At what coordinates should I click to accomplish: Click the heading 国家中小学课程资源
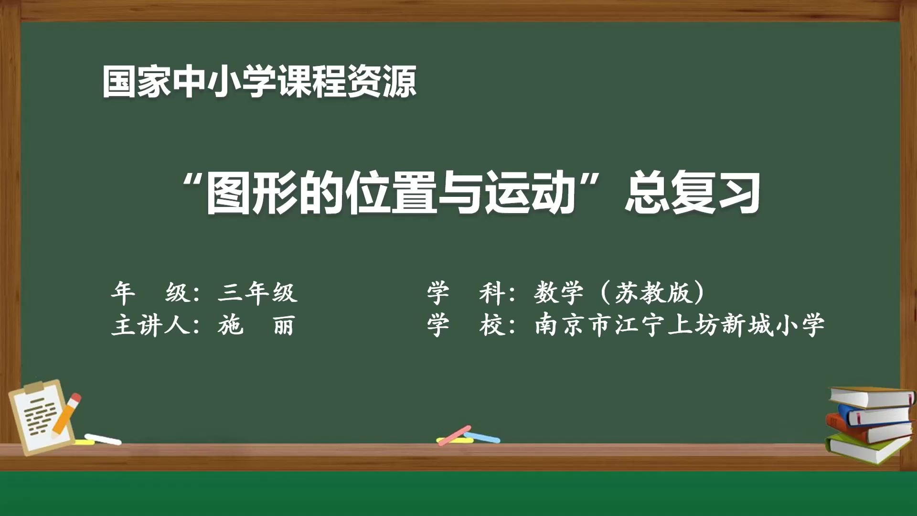[259, 82]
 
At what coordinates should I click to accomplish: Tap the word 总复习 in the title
[693, 193]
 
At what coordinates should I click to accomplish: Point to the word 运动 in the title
[530, 193]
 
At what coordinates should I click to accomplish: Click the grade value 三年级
[257, 292]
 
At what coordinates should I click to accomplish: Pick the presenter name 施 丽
[256, 325]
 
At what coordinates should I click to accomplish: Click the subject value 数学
[558, 292]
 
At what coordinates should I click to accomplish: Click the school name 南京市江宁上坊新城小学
[679, 325]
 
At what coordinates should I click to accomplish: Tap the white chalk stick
[103, 439]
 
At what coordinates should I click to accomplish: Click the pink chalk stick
[454, 435]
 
